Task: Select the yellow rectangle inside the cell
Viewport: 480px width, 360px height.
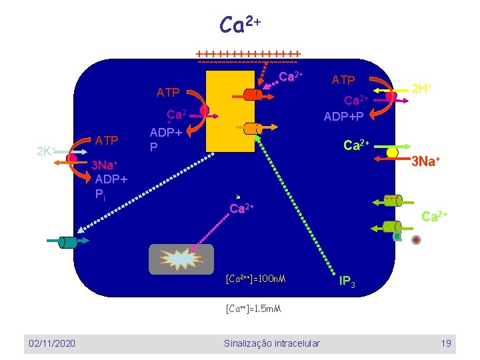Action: coord(231,110)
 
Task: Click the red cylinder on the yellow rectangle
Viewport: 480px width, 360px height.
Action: coord(253,95)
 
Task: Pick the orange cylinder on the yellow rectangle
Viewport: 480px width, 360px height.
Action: coord(252,128)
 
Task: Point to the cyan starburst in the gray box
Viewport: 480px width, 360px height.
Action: coord(182,259)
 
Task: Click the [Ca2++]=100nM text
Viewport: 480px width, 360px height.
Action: coord(256,277)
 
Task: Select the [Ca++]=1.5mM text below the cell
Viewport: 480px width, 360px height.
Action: coord(253,309)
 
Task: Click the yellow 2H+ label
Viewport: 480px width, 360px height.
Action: coord(422,88)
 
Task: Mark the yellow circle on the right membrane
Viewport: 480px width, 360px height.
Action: coord(393,153)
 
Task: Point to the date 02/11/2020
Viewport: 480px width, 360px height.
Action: coord(51,343)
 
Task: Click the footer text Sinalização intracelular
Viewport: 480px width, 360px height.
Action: coord(271,343)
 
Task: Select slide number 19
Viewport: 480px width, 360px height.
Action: coord(446,343)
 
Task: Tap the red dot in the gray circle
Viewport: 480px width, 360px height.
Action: coord(416,239)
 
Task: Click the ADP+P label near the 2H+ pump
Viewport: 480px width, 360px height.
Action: coord(344,116)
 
